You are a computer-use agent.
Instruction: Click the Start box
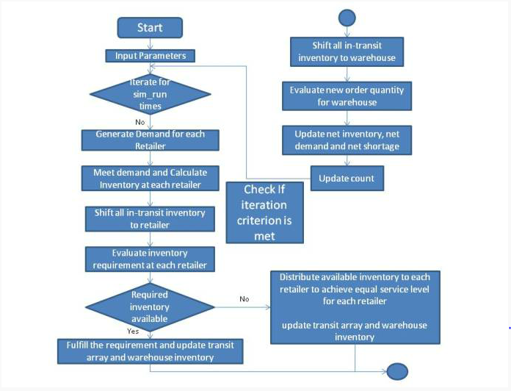point(150,28)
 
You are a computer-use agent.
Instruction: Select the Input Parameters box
point(151,56)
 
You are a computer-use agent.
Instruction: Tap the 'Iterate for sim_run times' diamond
point(151,94)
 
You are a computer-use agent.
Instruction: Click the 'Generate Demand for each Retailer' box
point(151,140)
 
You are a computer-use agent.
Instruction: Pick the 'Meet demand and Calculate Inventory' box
point(151,179)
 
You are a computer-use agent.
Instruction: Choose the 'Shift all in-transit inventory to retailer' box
point(150,219)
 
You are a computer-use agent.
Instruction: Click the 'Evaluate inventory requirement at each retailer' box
point(150,259)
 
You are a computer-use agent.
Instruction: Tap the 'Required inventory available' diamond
point(150,307)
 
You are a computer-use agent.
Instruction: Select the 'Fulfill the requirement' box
point(151,351)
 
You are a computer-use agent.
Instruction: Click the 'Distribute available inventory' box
point(355,307)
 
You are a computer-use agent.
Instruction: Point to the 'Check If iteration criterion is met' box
point(264,212)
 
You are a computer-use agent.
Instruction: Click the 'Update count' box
point(347,179)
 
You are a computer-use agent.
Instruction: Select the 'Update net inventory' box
point(347,140)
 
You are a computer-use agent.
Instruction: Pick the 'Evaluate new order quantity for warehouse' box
point(347,96)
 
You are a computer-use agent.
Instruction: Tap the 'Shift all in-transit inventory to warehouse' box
point(347,52)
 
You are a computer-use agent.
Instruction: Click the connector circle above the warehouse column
point(347,18)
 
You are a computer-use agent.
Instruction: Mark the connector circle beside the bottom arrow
point(397,371)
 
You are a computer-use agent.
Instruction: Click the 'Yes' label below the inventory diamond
point(133,331)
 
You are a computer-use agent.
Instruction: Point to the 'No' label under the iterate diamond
point(140,122)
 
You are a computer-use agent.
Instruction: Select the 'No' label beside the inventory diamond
point(244,299)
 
